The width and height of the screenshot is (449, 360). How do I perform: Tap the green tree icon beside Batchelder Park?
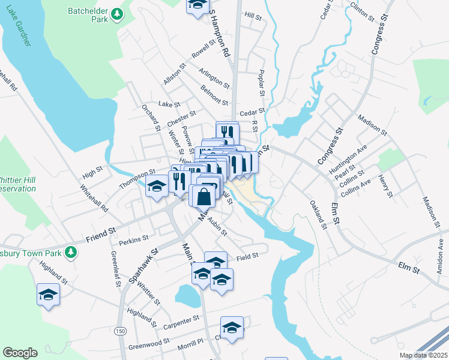coord(119,14)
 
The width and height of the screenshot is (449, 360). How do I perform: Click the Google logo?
coord(20,353)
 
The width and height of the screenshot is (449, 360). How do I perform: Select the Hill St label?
coord(253,17)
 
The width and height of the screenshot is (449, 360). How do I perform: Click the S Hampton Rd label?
coord(220,36)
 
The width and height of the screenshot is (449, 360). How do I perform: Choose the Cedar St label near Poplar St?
coord(252,112)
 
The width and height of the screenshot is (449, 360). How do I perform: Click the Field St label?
coord(247,256)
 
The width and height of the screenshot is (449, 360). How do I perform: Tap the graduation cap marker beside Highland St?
coord(48,295)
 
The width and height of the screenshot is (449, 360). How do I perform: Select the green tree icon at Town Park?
coord(71,252)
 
